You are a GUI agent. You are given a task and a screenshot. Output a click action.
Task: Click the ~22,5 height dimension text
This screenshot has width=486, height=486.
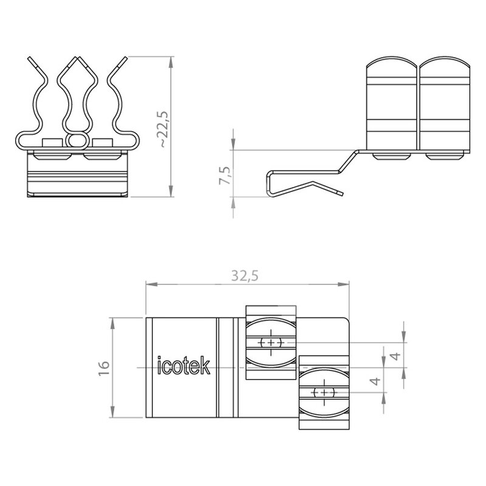coord(163,129)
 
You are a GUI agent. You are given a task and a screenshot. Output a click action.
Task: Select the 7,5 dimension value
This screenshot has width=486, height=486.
coord(225,176)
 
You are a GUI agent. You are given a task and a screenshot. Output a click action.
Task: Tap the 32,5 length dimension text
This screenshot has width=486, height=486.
coord(245,276)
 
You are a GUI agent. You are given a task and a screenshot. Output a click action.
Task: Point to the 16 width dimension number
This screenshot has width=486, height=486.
coord(104,368)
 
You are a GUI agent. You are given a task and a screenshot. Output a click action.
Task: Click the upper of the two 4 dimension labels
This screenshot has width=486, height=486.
coord(396,356)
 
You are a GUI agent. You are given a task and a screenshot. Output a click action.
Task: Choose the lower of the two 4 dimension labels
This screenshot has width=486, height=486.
coord(375,381)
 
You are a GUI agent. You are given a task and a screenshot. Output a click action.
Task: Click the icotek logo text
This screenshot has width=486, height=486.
coord(184,366)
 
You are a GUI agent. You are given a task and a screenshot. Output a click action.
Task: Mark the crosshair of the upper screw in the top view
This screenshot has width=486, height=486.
coord(271,343)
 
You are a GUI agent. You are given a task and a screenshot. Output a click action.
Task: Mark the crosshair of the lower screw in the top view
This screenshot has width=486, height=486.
coord(324,392)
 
